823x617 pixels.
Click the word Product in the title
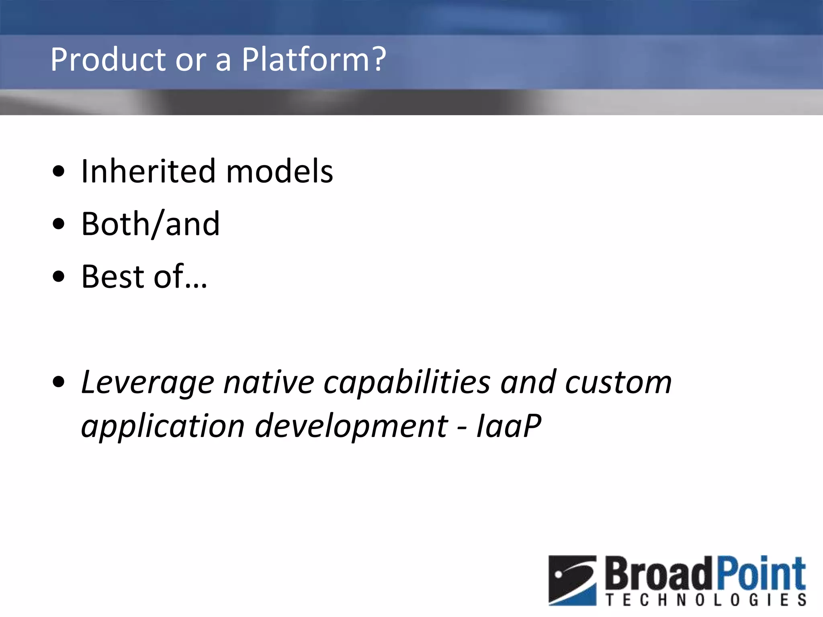pos(108,59)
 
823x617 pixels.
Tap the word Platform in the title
pos(305,59)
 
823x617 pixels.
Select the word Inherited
pos(148,171)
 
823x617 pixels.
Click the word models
pos(280,171)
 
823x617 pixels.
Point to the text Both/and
pos(150,224)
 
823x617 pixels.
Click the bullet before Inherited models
pos(59,172)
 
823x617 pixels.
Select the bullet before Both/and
pos(59,224)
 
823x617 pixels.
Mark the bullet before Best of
pos(59,277)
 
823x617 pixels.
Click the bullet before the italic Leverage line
pos(59,382)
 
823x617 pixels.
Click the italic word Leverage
pos(147,382)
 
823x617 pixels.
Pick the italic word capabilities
pos(407,382)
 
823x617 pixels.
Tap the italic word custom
pos(618,382)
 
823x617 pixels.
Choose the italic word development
pos(352,426)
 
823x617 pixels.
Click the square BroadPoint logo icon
pos(573,580)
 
